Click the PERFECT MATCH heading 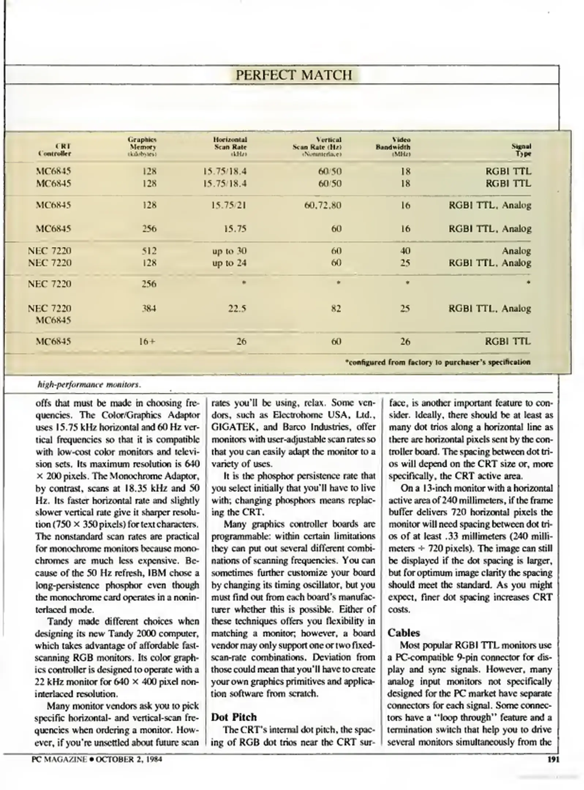293,75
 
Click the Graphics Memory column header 142,147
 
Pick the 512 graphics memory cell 149,251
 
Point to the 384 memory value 149,308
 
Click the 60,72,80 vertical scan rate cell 323,205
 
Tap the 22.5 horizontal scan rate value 237,308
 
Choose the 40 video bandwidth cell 405,251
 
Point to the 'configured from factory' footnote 437,362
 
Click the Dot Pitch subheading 234,717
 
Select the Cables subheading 403,632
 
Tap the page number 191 553,760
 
